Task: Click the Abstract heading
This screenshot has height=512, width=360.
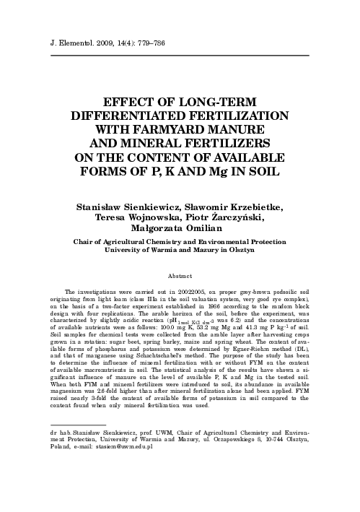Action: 180,277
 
